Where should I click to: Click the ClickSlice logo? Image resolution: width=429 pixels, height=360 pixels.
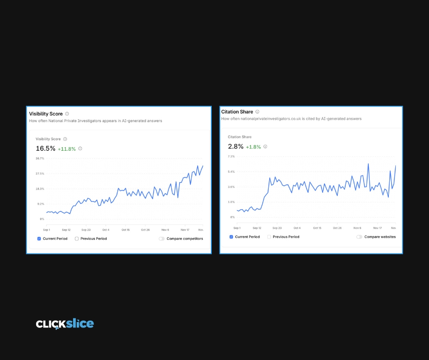tap(65, 324)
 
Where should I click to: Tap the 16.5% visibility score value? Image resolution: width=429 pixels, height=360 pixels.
tap(46, 148)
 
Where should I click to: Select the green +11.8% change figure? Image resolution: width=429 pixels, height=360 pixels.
tap(67, 149)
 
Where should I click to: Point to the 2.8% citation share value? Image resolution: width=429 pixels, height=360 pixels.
tap(235, 147)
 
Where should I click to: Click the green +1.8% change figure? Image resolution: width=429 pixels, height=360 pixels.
tap(253, 147)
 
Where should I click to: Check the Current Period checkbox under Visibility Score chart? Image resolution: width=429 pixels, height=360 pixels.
tap(39, 238)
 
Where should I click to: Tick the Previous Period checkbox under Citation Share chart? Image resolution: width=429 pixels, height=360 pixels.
tap(269, 237)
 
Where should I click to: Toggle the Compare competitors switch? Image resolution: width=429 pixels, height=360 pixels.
tap(162, 238)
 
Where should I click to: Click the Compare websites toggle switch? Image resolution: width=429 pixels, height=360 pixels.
tap(359, 237)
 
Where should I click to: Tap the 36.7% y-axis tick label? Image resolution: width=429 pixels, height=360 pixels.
tap(40, 159)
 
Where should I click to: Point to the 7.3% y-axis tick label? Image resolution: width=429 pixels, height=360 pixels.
tap(231, 156)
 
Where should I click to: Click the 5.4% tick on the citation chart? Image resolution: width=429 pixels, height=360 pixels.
tap(231, 172)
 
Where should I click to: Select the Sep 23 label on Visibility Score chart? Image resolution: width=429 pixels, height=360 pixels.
tap(86, 230)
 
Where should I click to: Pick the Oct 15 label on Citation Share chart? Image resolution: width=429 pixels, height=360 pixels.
tap(317, 228)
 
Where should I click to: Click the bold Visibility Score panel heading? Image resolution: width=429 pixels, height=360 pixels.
tap(46, 114)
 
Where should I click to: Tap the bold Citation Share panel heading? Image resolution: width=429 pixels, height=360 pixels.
tap(237, 112)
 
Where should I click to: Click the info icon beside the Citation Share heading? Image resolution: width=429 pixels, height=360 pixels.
tap(257, 111)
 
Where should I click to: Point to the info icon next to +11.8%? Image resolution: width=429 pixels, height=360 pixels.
tap(80, 148)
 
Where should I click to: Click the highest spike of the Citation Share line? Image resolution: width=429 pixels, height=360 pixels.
tap(368, 164)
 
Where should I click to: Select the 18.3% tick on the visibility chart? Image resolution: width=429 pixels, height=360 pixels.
tap(40, 189)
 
